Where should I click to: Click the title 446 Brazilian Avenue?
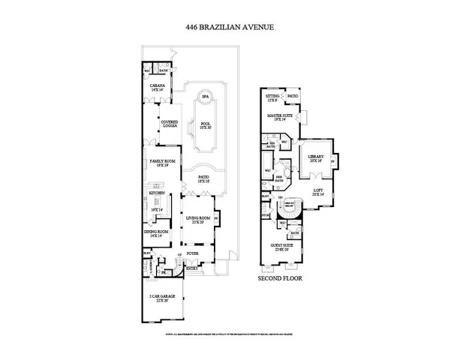[x=230, y=28]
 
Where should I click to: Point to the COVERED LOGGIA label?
[x=170, y=124]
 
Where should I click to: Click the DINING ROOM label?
[x=157, y=232]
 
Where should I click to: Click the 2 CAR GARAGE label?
[x=163, y=298]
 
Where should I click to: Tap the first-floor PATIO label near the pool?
[x=203, y=178]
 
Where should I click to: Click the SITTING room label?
[x=272, y=97]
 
